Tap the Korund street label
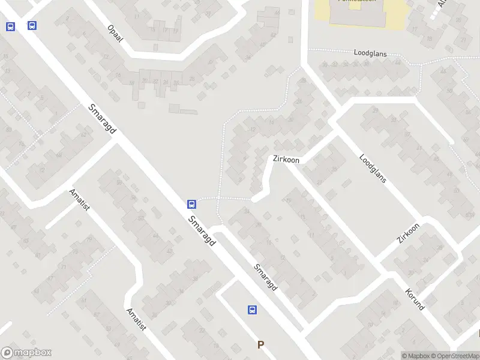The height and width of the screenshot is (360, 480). click(415, 298)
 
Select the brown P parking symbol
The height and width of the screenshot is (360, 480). click(260, 344)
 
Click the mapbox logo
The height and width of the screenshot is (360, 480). click(26, 353)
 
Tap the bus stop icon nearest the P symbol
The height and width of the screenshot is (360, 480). click(253, 310)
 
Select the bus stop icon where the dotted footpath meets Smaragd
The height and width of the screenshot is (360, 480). click(191, 204)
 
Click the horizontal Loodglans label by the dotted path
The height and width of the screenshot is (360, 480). click(370, 53)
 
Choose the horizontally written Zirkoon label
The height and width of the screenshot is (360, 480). click(286, 160)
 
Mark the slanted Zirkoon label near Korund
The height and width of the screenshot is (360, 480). click(408, 233)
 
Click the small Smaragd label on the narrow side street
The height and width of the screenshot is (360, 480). click(265, 278)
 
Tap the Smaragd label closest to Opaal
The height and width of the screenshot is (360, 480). click(102, 119)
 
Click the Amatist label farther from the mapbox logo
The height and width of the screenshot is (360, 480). click(79, 200)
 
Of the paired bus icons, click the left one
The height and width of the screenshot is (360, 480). click(10, 26)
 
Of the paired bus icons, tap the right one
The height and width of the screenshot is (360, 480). click(32, 25)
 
